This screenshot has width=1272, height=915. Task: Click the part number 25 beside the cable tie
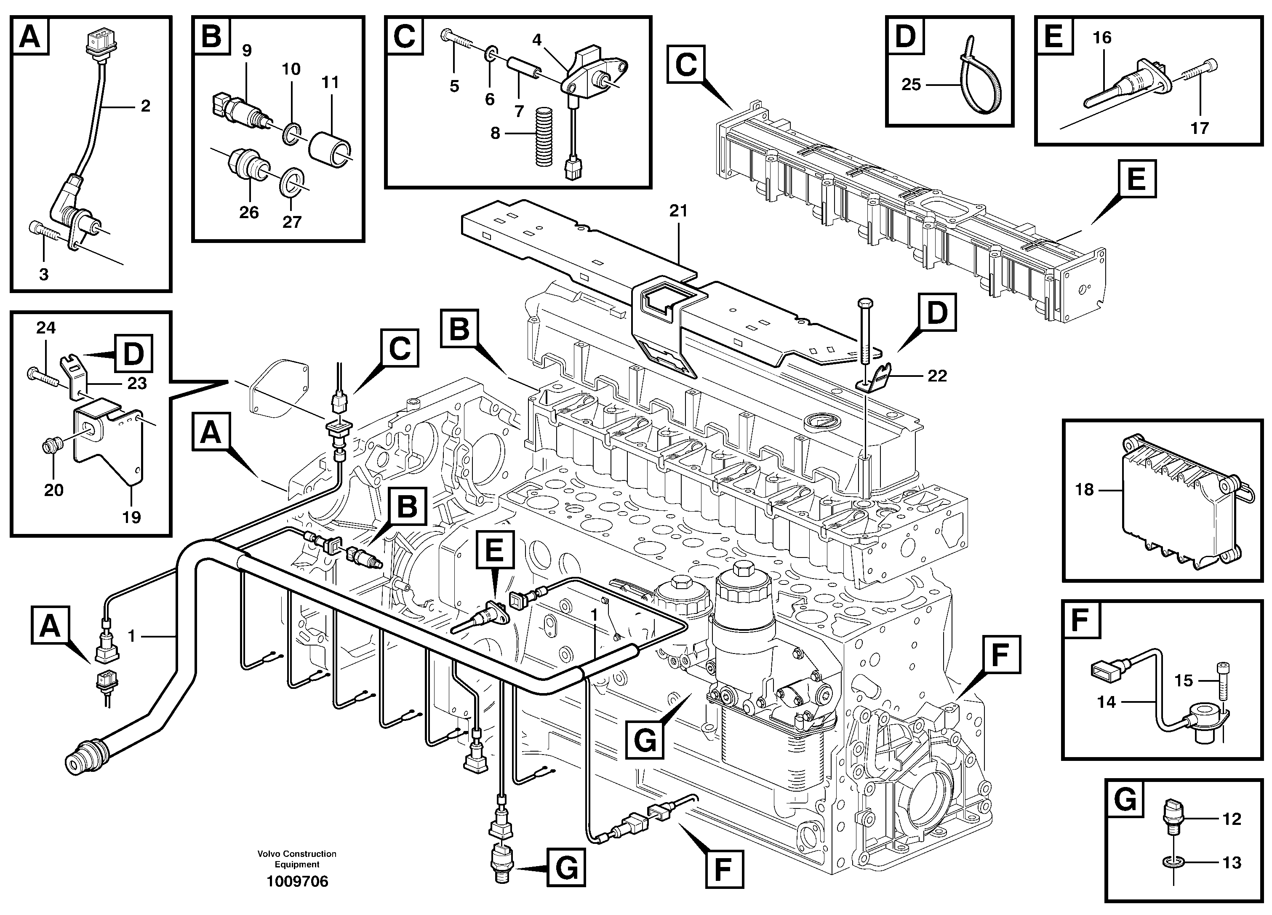[x=911, y=85]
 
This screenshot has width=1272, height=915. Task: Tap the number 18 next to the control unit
[x=1084, y=490]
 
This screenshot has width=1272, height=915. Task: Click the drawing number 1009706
[x=297, y=881]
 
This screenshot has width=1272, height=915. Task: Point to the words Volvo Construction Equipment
[x=297, y=859]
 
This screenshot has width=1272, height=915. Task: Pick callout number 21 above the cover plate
[x=678, y=211]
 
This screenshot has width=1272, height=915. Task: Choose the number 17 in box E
[x=1199, y=128]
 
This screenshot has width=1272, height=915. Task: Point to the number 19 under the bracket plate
[x=131, y=517]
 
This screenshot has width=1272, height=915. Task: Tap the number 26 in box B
[x=248, y=212]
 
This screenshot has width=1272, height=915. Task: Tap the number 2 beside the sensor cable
[x=145, y=106]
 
